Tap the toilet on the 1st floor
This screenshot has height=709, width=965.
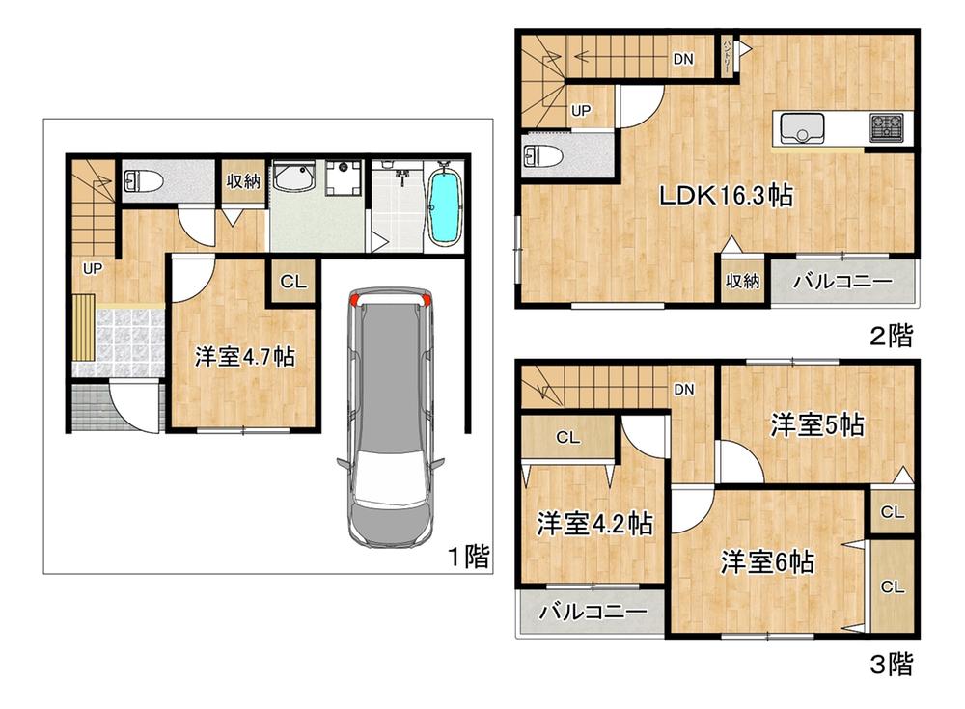coord(144,181)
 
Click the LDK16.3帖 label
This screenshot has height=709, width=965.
coord(727,196)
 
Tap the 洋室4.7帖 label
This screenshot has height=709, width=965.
coord(245,356)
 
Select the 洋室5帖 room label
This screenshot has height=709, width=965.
coord(817,424)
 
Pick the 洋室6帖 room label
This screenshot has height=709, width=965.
coord(767,562)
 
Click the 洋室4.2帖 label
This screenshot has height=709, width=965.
coord(594,524)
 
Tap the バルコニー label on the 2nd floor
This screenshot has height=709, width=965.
coord(841,282)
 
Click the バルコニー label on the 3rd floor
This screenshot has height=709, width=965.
coord(593,612)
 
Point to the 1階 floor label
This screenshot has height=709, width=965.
coord(469,557)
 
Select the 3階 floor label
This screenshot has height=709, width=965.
coord(891,664)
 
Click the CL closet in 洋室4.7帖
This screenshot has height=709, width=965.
coord(293,282)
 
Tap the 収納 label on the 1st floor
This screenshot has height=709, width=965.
coord(243,181)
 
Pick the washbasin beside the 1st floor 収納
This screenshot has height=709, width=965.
coord(293,177)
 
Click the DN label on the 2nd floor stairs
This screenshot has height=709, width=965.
coord(683,59)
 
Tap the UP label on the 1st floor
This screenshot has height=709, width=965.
coord(93,269)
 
